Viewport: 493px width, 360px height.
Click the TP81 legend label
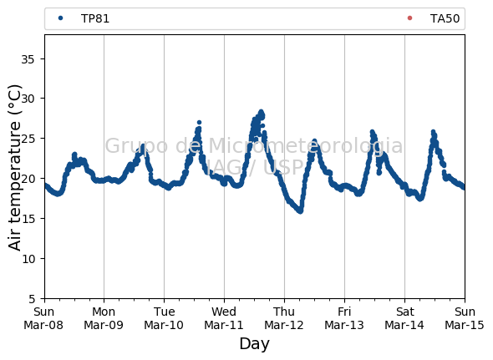pos(95,19)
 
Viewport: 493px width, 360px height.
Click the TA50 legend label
pos(445,19)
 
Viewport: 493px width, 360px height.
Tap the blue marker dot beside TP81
pos(61,18)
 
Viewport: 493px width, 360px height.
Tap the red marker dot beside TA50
pos(409,18)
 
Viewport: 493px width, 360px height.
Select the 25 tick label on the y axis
pos(28,139)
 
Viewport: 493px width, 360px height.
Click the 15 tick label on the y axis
pos(28,219)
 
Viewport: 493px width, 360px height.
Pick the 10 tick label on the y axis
pos(28,259)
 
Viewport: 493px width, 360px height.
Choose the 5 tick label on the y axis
pos(32,299)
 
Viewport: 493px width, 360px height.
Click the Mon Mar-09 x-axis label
pos(104,318)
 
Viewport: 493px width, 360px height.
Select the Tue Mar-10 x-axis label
pos(164,318)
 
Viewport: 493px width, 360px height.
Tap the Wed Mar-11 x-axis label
pos(224,318)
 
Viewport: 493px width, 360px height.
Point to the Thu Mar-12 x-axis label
pos(284,318)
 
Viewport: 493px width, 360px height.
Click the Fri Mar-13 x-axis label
pos(344,318)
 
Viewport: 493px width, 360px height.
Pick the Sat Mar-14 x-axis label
pos(404,318)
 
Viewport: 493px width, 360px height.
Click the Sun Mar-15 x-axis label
pos(465,318)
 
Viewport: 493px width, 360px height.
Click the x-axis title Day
pos(254,344)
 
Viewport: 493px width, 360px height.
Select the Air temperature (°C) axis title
pos(14,168)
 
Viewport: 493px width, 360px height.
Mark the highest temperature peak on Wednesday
pos(261,112)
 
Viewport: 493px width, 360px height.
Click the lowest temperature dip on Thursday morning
pos(301,211)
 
